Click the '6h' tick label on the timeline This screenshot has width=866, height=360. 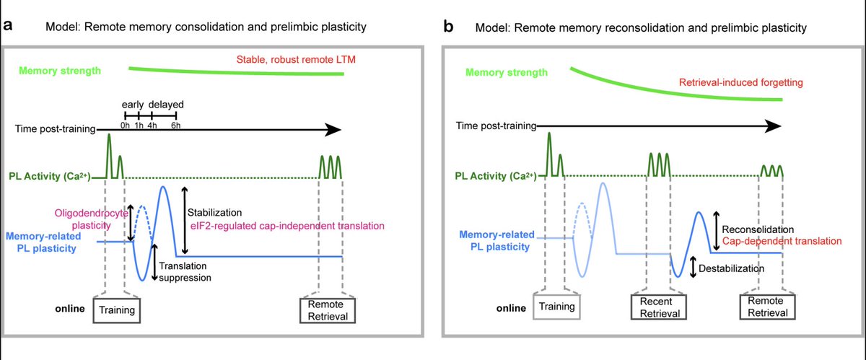pyautogui.click(x=176, y=125)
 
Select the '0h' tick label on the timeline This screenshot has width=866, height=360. pyautogui.click(x=126, y=125)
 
